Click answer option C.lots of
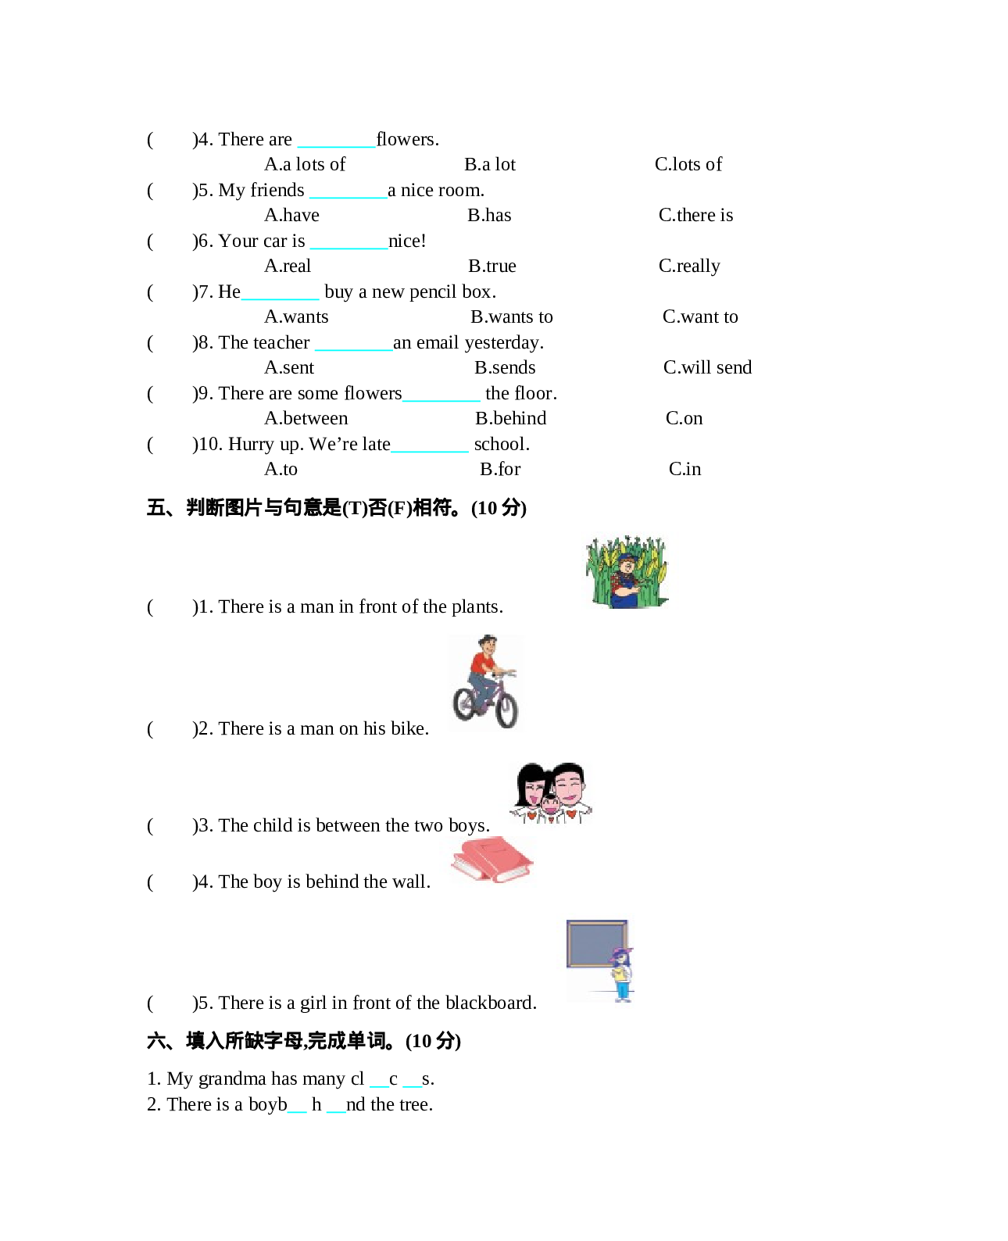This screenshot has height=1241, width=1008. [688, 164]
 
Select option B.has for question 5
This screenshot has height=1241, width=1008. [489, 215]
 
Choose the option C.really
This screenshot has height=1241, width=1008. [689, 266]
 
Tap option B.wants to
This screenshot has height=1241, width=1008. [511, 317]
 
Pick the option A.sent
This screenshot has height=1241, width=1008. [289, 367]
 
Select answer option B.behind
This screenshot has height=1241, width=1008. [510, 418]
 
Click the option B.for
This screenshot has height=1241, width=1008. [500, 469]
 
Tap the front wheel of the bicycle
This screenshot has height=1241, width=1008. [506, 709]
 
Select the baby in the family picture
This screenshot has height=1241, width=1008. [552, 807]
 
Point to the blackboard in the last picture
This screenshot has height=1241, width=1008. [597, 943]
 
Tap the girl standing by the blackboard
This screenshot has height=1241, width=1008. [622, 974]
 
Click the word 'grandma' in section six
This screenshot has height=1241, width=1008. [232, 1079]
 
